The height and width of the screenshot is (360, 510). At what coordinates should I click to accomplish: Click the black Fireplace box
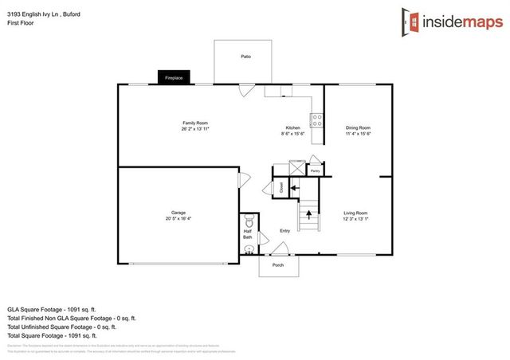tap(174, 78)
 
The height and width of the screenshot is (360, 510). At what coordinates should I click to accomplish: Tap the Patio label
tap(246, 57)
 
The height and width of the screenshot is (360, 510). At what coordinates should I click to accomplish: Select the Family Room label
tap(195, 123)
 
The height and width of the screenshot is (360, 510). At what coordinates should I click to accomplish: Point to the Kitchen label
tap(293, 128)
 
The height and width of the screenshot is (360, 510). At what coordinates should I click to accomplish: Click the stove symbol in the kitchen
tap(316, 121)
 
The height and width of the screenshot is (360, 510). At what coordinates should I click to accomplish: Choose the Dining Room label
tap(358, 128)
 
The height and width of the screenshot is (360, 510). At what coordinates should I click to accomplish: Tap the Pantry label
tap(315, 170)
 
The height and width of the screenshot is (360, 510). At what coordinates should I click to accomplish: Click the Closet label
tap(281, 187)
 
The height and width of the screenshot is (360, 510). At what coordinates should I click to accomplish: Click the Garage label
tap(178, 213)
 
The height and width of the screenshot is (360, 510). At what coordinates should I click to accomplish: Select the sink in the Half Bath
tap(249, 250)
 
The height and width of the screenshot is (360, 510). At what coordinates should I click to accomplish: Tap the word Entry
tap(284, 232)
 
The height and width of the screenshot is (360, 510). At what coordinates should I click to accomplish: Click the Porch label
tap(278, 264)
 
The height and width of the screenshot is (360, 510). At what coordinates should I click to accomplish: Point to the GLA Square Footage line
tap(51, 307)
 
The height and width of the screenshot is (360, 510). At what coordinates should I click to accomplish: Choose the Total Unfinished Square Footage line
tap(61, 327)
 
